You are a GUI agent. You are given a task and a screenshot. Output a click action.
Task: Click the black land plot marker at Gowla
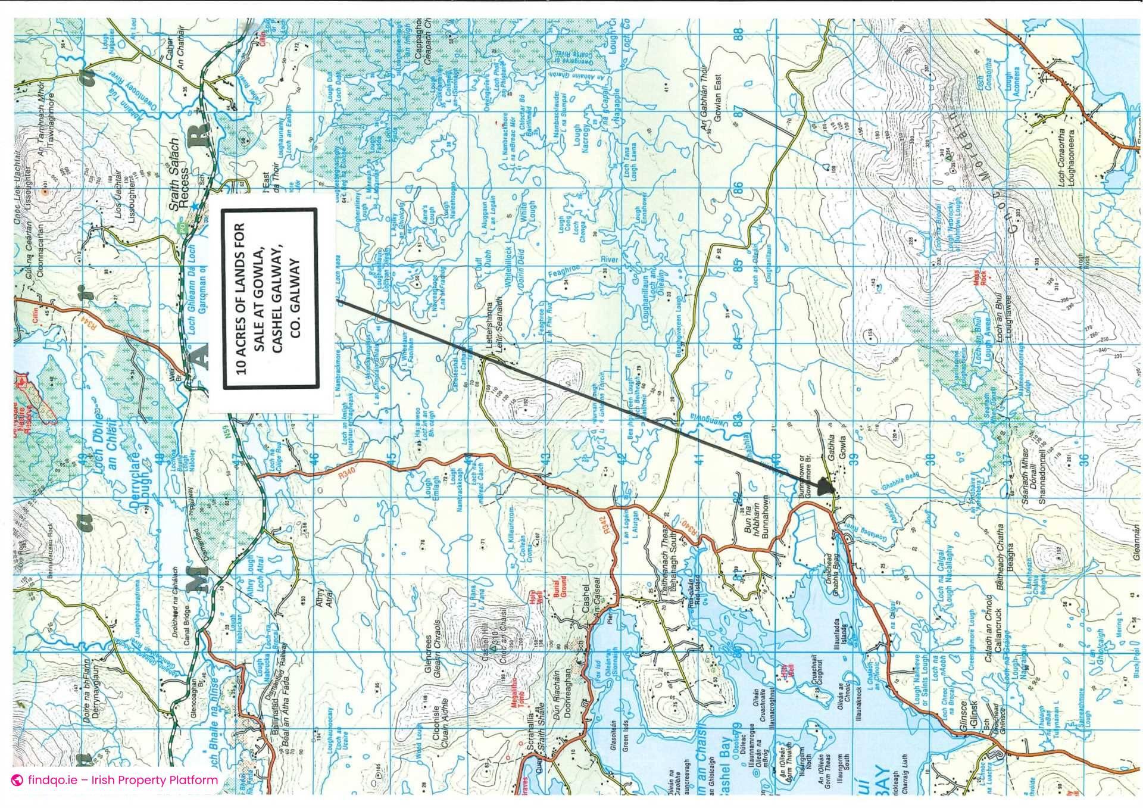point(824,486)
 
